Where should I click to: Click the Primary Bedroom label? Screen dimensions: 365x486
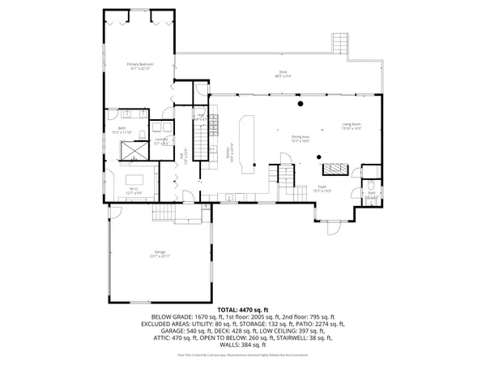(x=140, y=66)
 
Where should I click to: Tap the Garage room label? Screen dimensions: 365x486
(x=160, y=254)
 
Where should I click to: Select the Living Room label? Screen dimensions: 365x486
(x=351, y=127)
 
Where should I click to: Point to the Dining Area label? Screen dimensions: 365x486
(x=301, y=139)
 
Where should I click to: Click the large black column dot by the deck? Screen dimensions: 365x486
(x=299, y=104)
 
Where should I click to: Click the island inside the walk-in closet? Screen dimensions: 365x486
(x=134, y=178)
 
